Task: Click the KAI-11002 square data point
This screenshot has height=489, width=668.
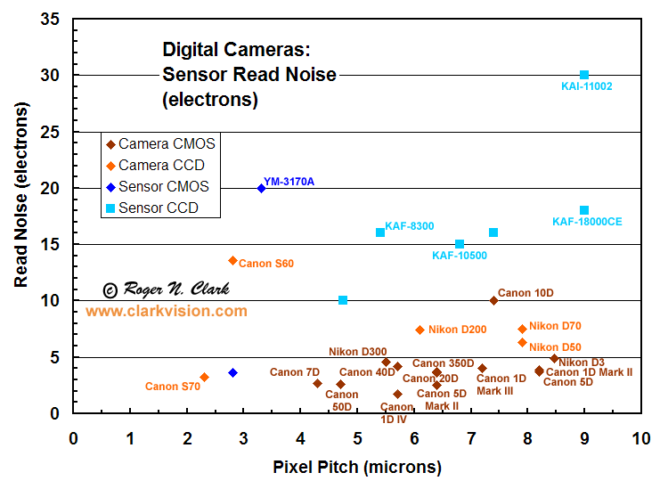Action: coord(584,75)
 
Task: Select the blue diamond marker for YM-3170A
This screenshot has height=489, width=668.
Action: coord(261,188)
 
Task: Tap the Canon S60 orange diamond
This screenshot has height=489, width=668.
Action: coord(233,260)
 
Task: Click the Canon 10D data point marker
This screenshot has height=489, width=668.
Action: coord(493,300)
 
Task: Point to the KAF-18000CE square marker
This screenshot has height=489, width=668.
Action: coord(584,210)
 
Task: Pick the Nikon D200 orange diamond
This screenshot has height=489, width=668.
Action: coord(420,330)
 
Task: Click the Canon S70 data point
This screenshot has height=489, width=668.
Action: coord(204,378)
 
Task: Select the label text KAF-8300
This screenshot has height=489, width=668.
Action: coord(410,226)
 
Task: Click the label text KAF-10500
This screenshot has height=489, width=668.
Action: coord(460,256)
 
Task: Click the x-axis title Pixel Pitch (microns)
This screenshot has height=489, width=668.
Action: coord(357,467)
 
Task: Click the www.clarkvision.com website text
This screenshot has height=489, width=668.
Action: coord(167,311)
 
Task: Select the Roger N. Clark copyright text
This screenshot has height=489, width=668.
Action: coord(167,289)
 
